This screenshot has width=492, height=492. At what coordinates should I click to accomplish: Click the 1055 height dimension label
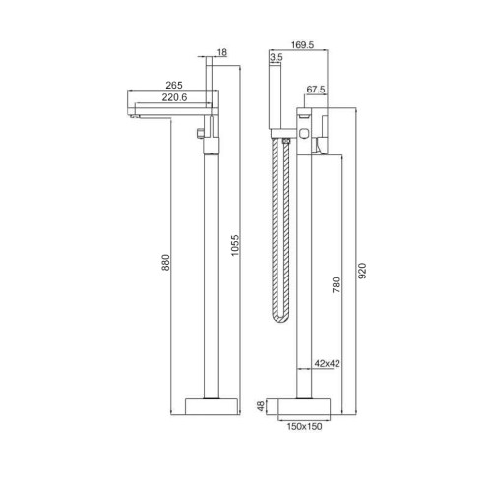[x=235, y=245]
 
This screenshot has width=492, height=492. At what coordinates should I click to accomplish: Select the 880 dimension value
[x=166, y=262]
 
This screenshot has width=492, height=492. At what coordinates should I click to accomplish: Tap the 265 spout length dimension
[x=174, y=85]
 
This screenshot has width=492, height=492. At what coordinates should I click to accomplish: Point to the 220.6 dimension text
[x=174, y=97]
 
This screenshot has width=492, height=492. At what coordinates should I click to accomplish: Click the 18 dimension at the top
[x=222, y=52]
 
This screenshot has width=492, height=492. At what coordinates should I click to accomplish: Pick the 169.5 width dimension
[x=302, y=45]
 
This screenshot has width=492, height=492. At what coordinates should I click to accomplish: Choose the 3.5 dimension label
[x=277, y=57]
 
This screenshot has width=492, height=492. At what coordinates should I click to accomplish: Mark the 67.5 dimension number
[x=316, y=90]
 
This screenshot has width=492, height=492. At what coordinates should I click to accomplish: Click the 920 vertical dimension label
[x=362, y=271]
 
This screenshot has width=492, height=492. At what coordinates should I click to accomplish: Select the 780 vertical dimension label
[x=337, y=284]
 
